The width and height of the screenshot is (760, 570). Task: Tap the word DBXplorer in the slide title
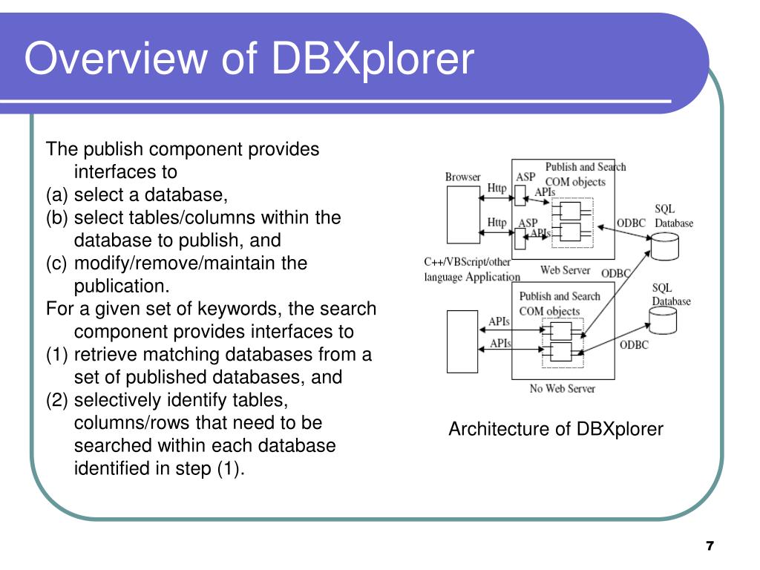(372, 59)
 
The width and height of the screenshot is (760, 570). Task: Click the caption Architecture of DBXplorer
(555, 429)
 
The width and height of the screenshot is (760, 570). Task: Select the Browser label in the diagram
(462, 177)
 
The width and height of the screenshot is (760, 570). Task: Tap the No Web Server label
(562, 388)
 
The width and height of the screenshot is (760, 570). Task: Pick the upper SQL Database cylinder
(664, 246)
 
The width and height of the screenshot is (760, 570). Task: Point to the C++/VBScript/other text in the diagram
(467, 262)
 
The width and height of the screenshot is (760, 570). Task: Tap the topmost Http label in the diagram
(497, 189)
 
